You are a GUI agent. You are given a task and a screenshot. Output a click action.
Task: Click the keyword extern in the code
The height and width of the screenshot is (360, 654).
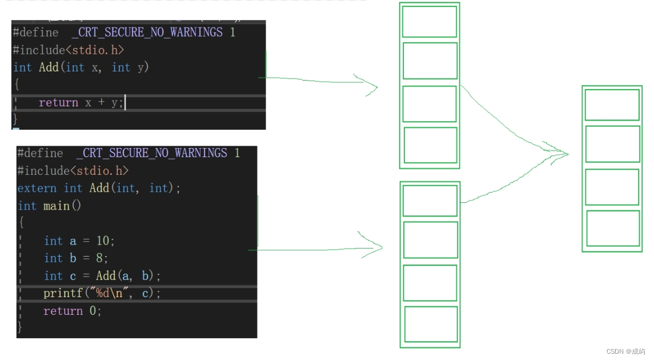click(x=37, y=188)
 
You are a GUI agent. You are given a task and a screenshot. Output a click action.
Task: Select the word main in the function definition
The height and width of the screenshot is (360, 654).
click(x=57, y=206)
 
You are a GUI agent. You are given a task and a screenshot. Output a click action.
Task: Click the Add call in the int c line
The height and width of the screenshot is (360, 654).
click(x=106, y=276)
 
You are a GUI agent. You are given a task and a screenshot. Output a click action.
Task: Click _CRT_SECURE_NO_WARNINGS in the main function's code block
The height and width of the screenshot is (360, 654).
click(x=151, y=153)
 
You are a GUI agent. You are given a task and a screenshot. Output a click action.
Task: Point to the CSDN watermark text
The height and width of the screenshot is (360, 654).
click(x=625, y=351)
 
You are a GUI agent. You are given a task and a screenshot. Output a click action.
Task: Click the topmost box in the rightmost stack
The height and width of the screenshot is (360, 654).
click(x=612, y=105)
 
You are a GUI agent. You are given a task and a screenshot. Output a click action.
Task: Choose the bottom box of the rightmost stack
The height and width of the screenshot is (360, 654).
click(x=613, y=229)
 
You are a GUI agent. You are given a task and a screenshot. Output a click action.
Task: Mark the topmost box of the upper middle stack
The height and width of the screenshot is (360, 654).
click(x=430, y=22)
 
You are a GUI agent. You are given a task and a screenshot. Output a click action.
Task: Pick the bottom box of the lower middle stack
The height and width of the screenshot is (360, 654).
click(x=431, y=324)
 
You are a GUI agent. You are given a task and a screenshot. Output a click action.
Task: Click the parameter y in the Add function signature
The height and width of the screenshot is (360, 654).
click(x=141, y=67)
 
